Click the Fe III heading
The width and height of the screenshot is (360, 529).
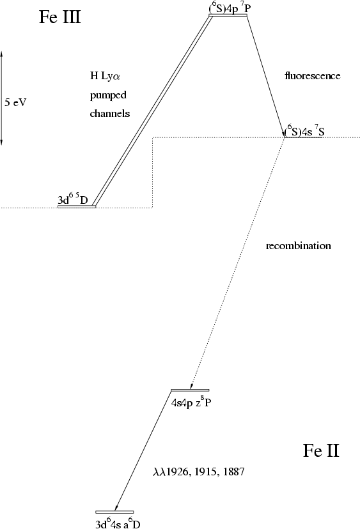pyautogui.click(x=60, y=17)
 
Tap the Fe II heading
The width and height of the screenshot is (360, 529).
pyautogui.click(x=321, y=450)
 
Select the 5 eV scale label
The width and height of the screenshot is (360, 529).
pyautogui.click(x=15, y=102)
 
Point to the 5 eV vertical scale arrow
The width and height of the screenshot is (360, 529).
pyautogui.click(x=1, y=98)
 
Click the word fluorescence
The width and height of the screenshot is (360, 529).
pyautogui.click(x=313, y=75)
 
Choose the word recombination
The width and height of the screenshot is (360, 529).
pyautogui.click(x=299, y=245)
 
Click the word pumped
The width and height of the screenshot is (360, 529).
pyautogui.click(x=108, y=95)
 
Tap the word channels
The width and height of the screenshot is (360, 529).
pyautogui.click(x=110, y=113)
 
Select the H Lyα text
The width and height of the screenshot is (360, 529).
pyautogui.click(x=105, y=76)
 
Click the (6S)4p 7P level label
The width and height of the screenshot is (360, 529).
pyautogui.click(x=230, y=8)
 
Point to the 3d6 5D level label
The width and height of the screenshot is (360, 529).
pyautogui.click(x=73, y=200)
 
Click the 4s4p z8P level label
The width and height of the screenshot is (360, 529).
pyautogui.click(x=191, y=402)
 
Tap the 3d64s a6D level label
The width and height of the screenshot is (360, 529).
pyautogui.click(x=118, y=524)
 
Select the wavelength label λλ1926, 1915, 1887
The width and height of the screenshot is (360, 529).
pyautogui.click(x=199, y=471)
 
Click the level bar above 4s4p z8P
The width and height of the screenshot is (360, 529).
pyautogui.click(x=190, y=390)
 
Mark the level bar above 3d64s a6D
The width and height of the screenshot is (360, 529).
pyautogui.click(x=114, y=512)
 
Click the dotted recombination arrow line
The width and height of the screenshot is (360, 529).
pyautogui.click(x=238, y=263)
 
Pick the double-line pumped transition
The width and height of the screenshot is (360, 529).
pyautogui.click(x=153, y=111)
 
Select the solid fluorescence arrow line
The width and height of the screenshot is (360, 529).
pyautogui.click(x=266, y=76)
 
